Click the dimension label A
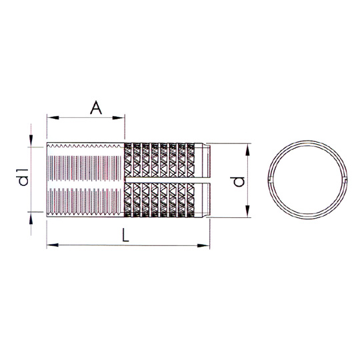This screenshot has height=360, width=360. coord(96,108)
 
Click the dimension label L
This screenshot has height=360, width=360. coord(125,235)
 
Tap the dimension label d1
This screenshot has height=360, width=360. coord(23,177)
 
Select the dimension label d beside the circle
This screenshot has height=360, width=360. coord(239,182)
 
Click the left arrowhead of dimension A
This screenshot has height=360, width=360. coord(53,118)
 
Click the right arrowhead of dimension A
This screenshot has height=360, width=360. coord(119,118)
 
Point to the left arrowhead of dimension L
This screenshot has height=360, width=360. coord(53,245)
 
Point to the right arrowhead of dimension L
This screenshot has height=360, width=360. coord(203,245)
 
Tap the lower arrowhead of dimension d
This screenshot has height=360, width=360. coord(247,211)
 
